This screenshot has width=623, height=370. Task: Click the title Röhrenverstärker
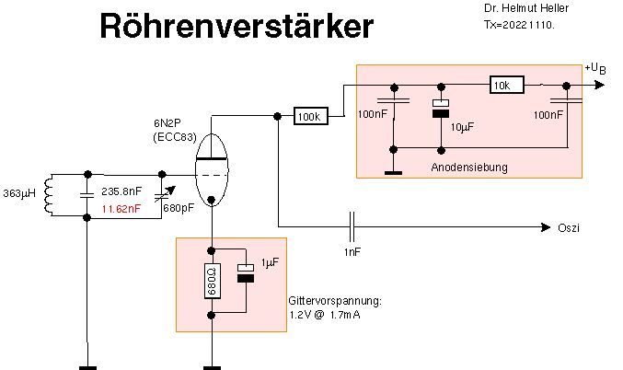pyautogui.click(x=237, y=26)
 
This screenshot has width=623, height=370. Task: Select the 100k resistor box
pyautogui.click(x=309, y=116)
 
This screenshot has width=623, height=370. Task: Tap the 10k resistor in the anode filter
pyautogui.click(x=506, y=86)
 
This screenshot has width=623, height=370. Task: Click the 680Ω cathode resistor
pyautogui.click(x=213, y=281)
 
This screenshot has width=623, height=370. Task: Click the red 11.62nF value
pyautogui.click(x=121, y=210)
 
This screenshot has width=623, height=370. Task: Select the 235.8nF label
pyautogui.click(x=121, y=193)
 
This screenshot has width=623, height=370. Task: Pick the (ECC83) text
pyautogui.click(x=174, y=136)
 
